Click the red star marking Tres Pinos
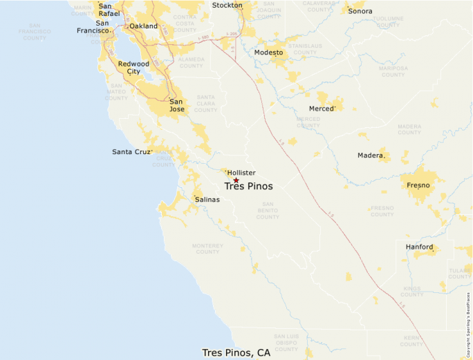(x=236, y=180)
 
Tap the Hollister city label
(x=241, y=173)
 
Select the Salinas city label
(x=207, y=200)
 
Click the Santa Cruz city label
(x=131, y=152)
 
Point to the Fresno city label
(x=418, y=185)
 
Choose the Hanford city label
(x=419, y=247)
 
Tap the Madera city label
(x=370, y=155)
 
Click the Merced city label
(x=321, y=108)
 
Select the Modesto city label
(x=268, y=53)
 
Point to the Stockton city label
(x=228, y=6)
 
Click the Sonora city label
(x=360, y=11)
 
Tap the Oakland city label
(x=144, y=26)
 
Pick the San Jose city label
(x=176, y=105)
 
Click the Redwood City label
(x=133, y=68)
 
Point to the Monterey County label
(x=207, y=248)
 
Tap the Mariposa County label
(x=393, y=71)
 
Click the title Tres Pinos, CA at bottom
(x=236, y=352)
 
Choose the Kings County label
(x=411, y=291)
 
